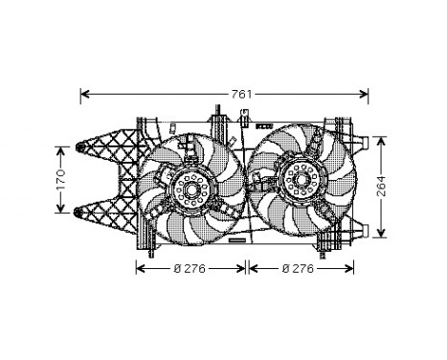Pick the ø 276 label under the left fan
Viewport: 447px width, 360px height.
tap(190, 268)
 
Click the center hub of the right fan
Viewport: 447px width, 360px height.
tap(299, 177)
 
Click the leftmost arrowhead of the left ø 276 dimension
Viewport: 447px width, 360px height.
tap(140, 268)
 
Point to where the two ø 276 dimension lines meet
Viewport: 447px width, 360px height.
tap(248, 268)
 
